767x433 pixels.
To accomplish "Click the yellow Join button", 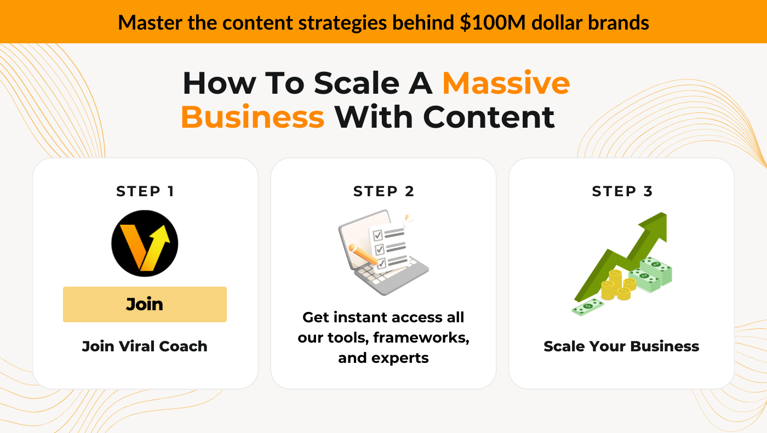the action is tap(145, 304).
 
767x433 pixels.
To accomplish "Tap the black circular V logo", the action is tap(145, 243).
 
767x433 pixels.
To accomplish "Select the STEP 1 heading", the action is tap(145, 191).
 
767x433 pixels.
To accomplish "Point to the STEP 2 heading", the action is tap(383, 191).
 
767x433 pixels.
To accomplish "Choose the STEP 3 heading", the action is tap(622, 191).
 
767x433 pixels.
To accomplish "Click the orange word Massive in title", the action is tap(506, 83).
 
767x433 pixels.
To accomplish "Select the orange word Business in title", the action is tap(253, 117).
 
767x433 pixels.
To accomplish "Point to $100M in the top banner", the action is tap(493, 22).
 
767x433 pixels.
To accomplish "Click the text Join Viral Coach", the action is tap(145, 346).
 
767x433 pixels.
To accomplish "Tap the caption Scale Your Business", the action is tap(621, 346).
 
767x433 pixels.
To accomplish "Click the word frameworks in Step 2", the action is tap(421, 338).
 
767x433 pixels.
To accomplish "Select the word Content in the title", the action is tap(489, 117).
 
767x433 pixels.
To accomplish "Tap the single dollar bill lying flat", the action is tap(587, 307).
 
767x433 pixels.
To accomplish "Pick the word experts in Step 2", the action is tap(400, 358).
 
